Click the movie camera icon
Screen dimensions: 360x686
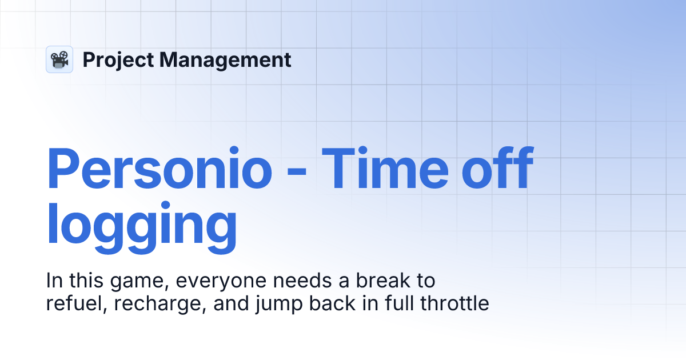(59, 59)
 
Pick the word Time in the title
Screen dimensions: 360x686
(388, 169)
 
